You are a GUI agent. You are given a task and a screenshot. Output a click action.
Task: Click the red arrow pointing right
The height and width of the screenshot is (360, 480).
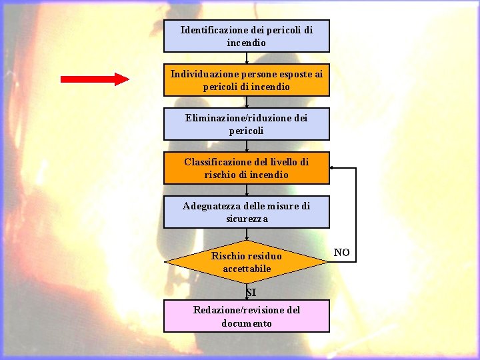coord(95,79)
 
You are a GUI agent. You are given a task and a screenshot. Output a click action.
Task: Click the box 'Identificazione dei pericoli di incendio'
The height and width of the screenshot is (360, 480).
coord(247,36)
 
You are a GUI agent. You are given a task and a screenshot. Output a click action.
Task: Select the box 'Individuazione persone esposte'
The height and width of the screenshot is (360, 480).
coord(247,80)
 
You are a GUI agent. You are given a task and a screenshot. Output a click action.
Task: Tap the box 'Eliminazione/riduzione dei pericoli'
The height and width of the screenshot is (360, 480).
coord(247,124)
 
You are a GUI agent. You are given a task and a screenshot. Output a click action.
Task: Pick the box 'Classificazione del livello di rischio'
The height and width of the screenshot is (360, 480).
coord(247,168)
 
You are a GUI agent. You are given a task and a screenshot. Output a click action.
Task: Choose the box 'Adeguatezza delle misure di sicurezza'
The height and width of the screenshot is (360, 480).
coord(247,212)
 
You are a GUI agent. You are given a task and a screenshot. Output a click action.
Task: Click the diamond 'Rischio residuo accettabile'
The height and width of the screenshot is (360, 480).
coord(247,262)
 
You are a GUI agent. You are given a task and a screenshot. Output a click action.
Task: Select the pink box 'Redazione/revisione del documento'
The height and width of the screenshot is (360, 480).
coord(247,316)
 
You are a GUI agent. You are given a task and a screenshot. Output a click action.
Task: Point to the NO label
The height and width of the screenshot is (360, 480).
coord(341,253)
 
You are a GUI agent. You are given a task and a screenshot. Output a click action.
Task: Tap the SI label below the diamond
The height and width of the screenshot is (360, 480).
coord(251,292)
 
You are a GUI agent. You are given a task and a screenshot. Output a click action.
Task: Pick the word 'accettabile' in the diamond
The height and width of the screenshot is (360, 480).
coord(247,269)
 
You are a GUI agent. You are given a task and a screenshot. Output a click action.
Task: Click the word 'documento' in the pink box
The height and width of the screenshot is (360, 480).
coord(247,323)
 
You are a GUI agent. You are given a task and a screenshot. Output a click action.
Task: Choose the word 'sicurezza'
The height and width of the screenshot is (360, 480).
coord(247,219)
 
